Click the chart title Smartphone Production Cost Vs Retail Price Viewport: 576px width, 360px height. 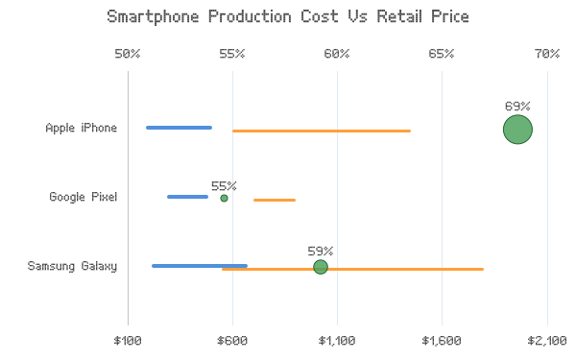(288, 17)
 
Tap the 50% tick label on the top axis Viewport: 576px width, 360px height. (128, 54)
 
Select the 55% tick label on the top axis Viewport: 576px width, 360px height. (232, 54)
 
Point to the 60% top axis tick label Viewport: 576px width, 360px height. (337, 54)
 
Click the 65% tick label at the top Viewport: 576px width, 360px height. (442, 54)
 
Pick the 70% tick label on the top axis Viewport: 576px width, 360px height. (547, 54)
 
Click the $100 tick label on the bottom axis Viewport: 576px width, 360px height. (128, 341)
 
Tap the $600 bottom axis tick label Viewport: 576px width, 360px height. (232, 341)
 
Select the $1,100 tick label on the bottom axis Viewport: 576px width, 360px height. (337, 341)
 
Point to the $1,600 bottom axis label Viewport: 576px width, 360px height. (442, 341)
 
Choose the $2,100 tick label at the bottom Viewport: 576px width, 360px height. (547, 341)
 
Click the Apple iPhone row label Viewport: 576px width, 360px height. (82, 128)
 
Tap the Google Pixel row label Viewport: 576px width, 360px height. (83, 197)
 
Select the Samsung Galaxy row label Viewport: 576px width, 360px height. (72, 266)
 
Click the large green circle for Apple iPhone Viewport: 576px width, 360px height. (517, 130)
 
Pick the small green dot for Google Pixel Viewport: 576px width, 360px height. (224, 199)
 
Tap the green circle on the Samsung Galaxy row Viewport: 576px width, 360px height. (321, 267)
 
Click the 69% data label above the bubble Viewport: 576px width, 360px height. (517, 107)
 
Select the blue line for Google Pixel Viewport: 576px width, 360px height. (188, 197)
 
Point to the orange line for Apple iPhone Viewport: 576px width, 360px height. (322, 131)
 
